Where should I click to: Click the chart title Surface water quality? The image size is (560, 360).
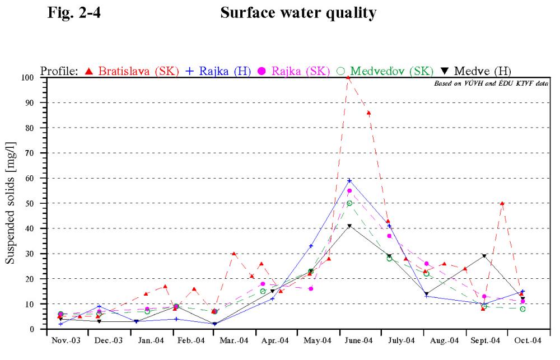pyautogui.click(x=298, y=13)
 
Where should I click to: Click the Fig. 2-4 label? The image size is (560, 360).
pyautogui.click(x=74, y=12)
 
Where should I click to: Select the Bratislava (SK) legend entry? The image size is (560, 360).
pyautogui.click(x=132, y=71)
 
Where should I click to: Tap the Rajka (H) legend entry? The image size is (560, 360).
pyautogui.click(x=218, y=71)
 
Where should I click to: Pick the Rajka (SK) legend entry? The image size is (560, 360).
pyautogui.click(x=293, y=71)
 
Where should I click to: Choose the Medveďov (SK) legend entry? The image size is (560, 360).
pyautogui.click(x=385, y=71)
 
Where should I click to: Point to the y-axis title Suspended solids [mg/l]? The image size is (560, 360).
pyautogui.click(x=10, y=203)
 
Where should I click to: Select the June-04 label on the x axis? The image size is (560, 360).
pyautogui.click(x=358, y=340)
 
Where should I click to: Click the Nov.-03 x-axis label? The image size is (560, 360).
pyautogui.click(x=66, y=340)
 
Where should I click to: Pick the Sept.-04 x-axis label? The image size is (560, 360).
pyautogui.click(x=486, y=340)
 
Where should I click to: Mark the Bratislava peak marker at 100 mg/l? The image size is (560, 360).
pyautogui.click(x=348, y=77)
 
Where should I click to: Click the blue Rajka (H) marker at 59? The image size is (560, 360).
pyautogui.click(x=349, y=181)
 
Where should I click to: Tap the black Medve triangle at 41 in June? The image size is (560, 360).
pyautogui.click(x=349, y=226)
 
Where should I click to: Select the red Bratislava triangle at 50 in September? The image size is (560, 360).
pyautogui.click(x=502, y=203)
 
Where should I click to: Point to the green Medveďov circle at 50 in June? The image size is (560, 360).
pyautogui.click(x=349, y=203)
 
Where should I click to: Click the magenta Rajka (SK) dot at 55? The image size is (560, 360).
pyautogui.click(x=349, y=191)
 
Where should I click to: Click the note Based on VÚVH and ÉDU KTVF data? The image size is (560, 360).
pyautogui.click(x=491, y=83)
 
